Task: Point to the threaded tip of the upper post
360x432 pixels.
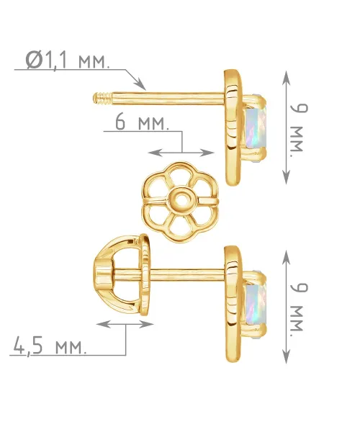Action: click(x=102, y=99)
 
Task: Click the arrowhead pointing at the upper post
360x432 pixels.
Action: click(x=140, y=84)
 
